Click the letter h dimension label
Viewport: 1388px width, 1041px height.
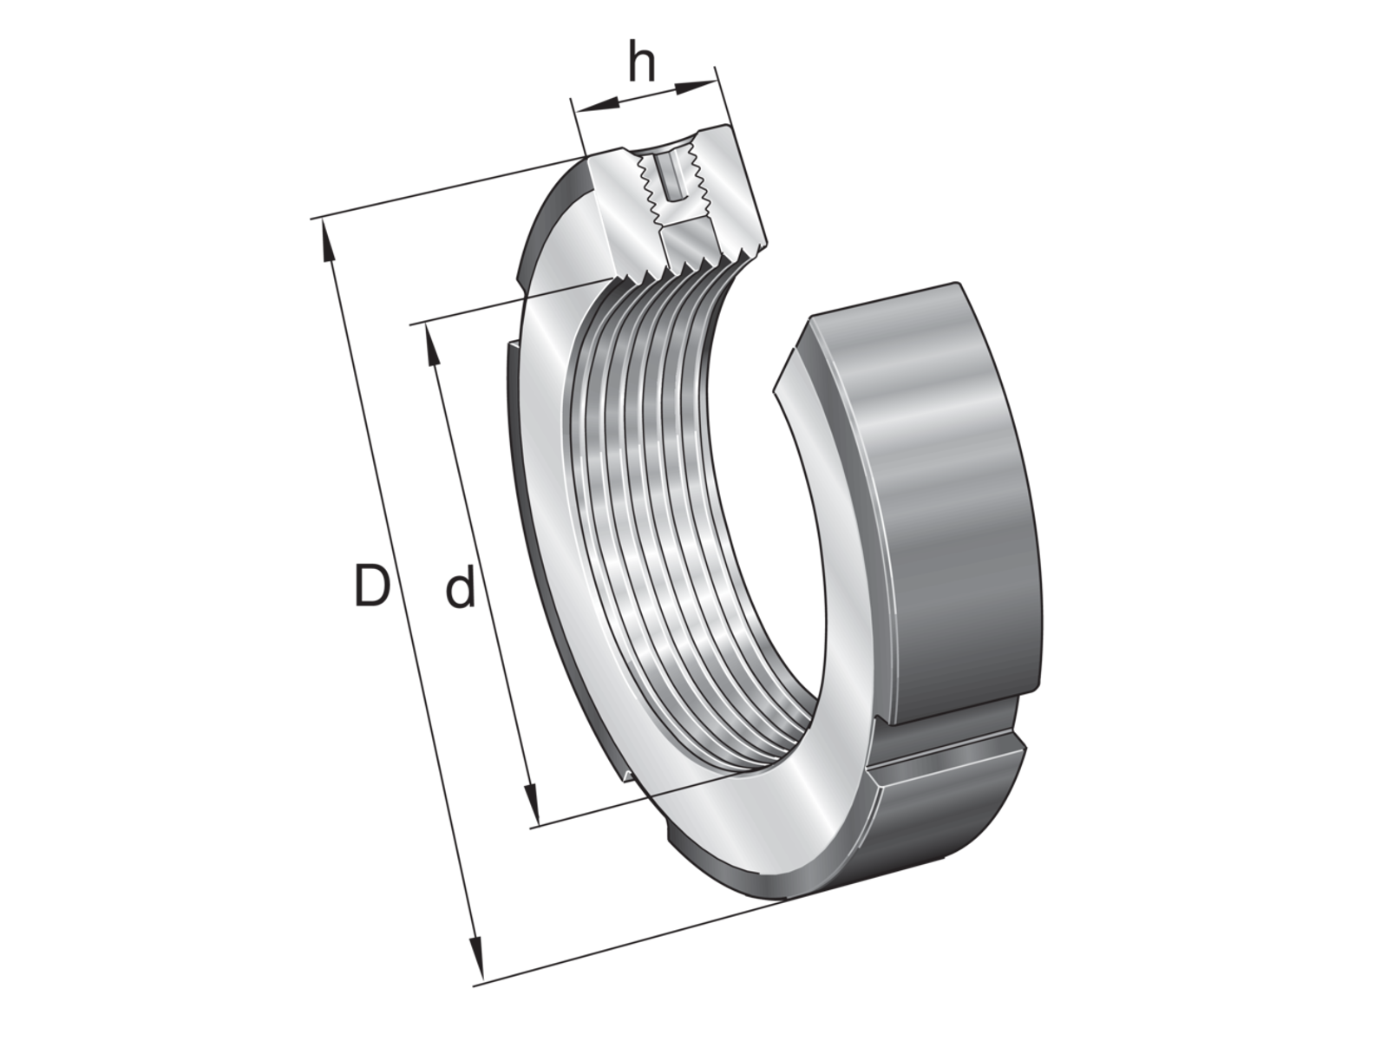[642, 62]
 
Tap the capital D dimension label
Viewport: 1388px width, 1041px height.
[370, 586]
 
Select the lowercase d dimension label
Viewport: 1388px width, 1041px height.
[460, 586]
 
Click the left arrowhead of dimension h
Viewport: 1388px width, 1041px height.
[596, 106]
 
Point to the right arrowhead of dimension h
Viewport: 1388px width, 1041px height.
[695, 88]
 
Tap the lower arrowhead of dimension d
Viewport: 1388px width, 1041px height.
[531, 802]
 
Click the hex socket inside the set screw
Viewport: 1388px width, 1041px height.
[671, 177]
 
